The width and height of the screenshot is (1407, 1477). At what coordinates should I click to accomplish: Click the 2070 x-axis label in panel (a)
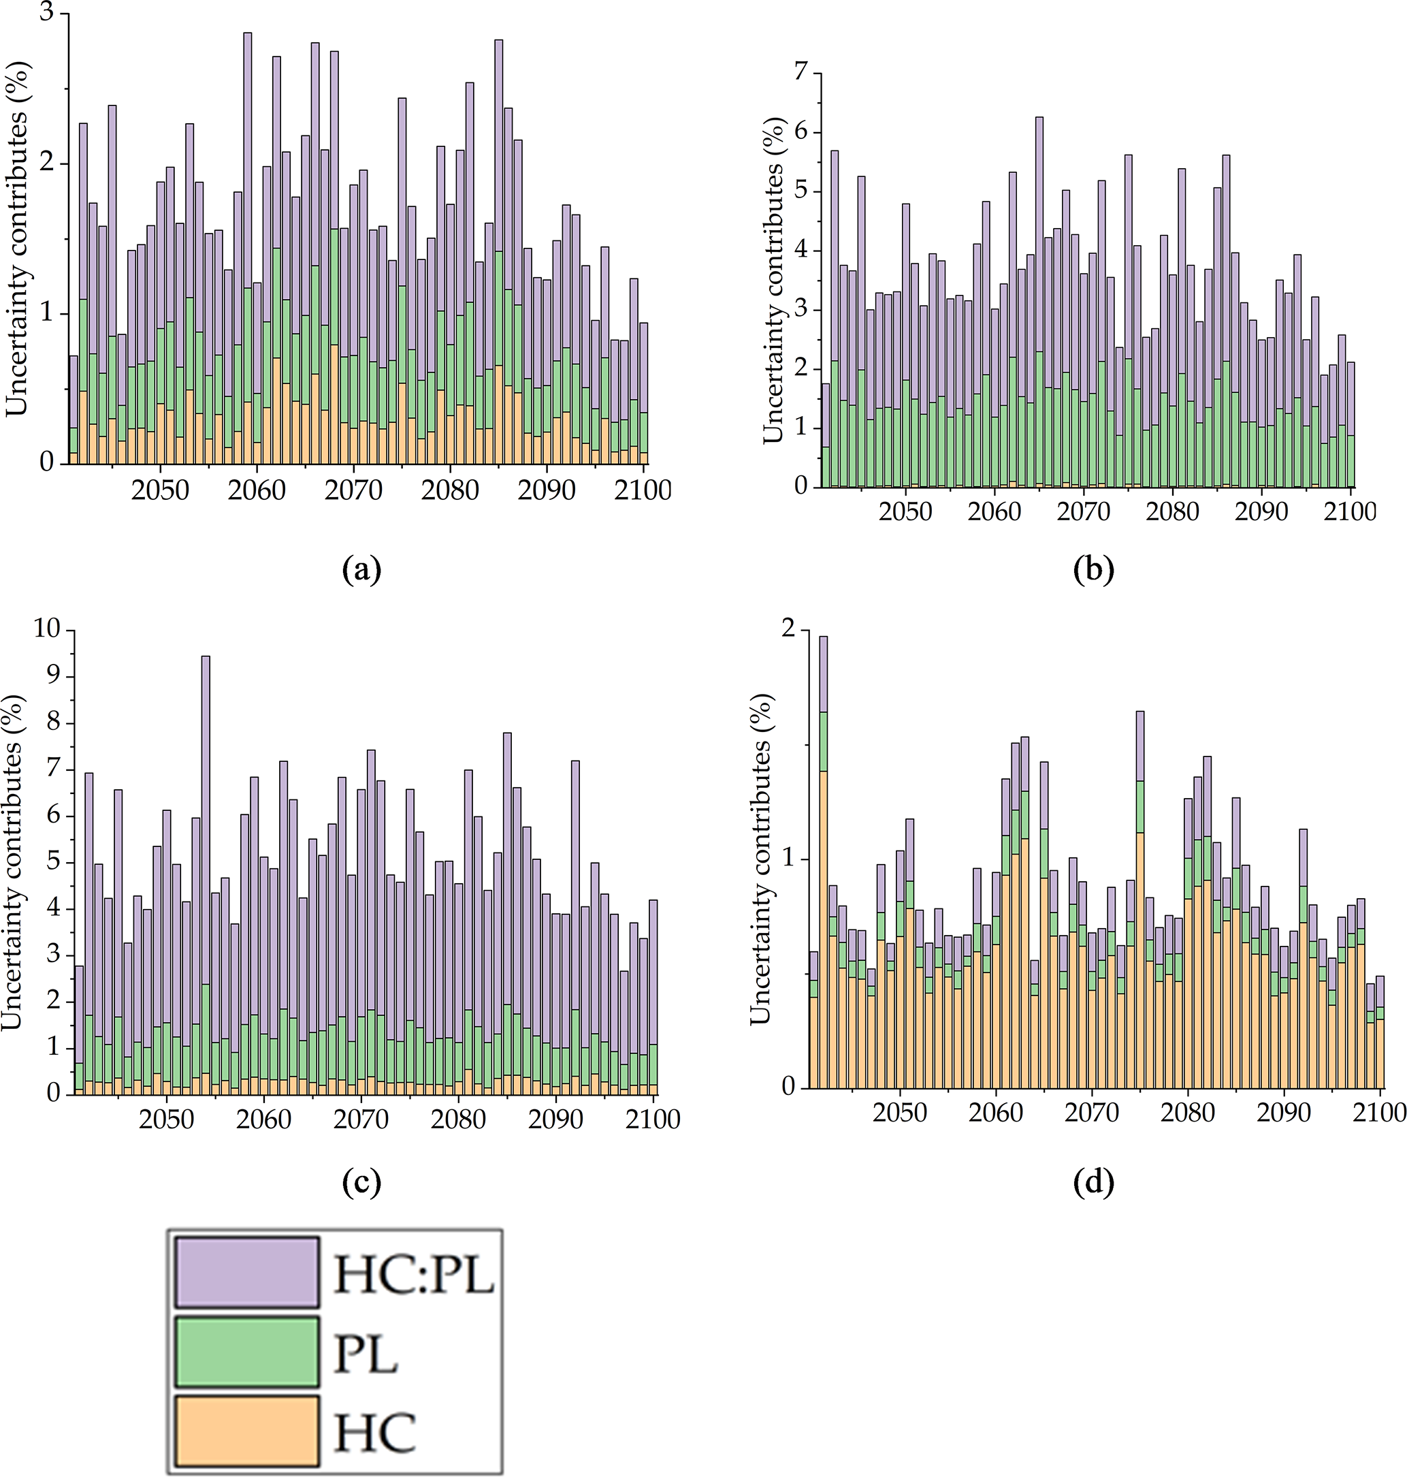(x=353, y=490)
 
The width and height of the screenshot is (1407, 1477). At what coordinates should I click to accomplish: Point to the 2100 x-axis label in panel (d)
(x=1379, y=1113)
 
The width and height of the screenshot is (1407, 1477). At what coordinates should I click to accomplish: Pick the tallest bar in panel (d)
(x=823, y=863)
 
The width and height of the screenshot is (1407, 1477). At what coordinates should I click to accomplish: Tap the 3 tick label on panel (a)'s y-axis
(x=46, y=14)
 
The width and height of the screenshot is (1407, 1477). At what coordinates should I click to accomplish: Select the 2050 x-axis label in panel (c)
(x=167, y=1119)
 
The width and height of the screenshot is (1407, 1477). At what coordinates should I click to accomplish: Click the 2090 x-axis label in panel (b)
(x=1261, y=511)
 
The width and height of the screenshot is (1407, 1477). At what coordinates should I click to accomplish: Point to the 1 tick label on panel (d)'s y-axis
(x=787, y=859)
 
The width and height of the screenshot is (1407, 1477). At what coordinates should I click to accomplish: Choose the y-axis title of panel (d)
(x=760, y=859)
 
